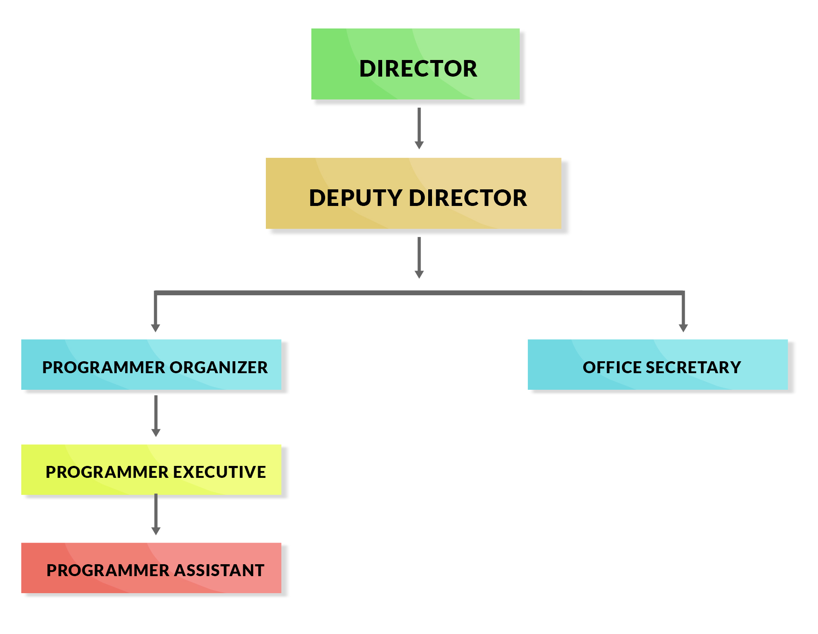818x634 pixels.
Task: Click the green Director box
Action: click(x=415, y=64)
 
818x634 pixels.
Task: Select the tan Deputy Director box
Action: click(x=413, y=193)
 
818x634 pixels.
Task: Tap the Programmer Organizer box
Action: click(x=151, y=365)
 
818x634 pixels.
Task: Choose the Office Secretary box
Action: click(x=657, y=365)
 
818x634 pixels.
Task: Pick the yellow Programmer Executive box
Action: click(x=151, y=470)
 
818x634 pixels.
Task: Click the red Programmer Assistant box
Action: click(x=151, y=568)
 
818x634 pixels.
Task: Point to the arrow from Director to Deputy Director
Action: click(x=419, y=128)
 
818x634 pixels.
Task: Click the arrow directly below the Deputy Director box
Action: click(x=419, y=257)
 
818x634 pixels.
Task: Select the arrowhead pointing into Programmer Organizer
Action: click(x=156, y=328)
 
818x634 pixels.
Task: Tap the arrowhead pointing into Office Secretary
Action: click(x=683, y=328)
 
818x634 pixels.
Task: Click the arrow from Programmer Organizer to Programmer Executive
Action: click(x=156, y=415)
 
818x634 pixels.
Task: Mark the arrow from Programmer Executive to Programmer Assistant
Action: click(x=156, y=514)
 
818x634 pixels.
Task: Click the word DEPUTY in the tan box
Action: click(x=355, y=198)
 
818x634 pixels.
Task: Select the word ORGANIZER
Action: click(x=219, y=367)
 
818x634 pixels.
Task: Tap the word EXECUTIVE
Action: click(x=219, y=472)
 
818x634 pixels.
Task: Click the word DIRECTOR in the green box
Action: click(x=418, y=69)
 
